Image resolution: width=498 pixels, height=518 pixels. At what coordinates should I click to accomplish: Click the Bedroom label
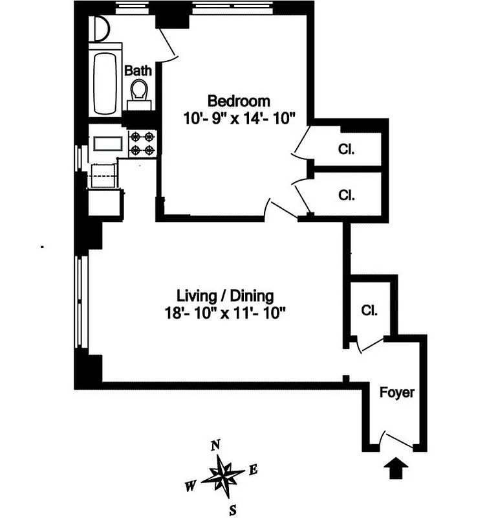tap(238, 101)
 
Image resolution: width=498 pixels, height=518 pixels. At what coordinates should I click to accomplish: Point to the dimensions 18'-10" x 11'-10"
tap(225, 313)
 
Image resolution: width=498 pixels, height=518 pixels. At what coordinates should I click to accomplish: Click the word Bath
tap(138, 71)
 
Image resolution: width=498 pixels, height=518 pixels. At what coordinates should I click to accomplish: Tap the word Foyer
tap(396, 392)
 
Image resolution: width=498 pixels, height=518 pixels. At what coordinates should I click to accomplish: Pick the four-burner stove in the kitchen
tap(142, 144)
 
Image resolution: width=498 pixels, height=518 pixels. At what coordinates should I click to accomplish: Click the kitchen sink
tap(103, 144)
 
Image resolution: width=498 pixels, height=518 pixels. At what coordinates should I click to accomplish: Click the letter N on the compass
tap(216, 445)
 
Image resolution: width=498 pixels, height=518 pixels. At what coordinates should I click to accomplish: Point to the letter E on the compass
tap(254, 471)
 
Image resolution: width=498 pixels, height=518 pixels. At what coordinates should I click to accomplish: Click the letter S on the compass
tap(231, 510)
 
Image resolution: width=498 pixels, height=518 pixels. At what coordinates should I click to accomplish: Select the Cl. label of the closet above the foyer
tap(369, 310)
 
